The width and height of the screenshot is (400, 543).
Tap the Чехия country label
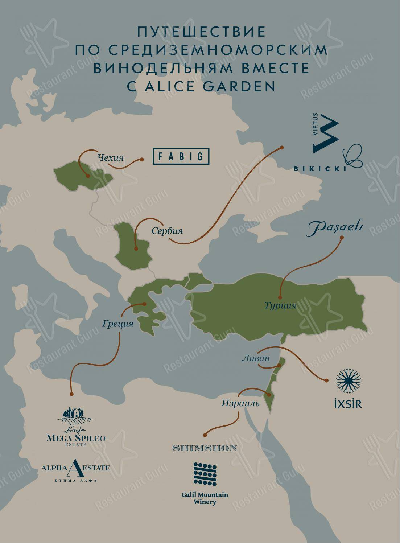pyautogui.click(x=111, y=158)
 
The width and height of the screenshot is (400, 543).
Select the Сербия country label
pyautogui.click(x=167, y=231)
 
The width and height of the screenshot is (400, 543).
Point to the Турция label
pyautogui.click(x=280, y=306)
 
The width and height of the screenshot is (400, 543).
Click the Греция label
pyautogui.click(x=118, y=323)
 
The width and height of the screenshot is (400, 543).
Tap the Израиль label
pyautogui.click(x=241, y=403)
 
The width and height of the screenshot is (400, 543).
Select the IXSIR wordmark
pyautogui.click(x=348, y=404)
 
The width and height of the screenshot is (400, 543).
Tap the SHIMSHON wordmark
pyautogui.click(x=205, y=448)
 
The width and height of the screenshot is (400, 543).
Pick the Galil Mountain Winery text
pyautogui.click(x=205, y=498)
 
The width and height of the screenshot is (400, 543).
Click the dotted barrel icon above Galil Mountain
pyautogui.click(x=205, y=474)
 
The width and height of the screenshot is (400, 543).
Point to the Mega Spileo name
pyautogui.click(x=76, y=438)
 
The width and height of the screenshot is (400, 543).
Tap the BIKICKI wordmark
pyautogui.click(x=318, y=168)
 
